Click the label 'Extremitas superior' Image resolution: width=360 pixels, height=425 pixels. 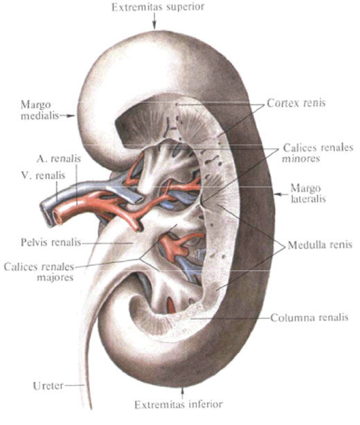point(158,7)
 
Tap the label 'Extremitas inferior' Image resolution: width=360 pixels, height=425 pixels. point(179,405)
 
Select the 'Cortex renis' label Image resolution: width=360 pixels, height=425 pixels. point(296,103)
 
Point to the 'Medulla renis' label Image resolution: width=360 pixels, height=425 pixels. point(320,245)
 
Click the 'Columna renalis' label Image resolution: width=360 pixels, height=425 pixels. point(309,318)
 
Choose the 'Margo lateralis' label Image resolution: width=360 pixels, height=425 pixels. point(307,194)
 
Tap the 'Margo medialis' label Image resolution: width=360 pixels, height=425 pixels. point(39,110)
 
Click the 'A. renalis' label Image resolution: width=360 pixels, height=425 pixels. point(59,159)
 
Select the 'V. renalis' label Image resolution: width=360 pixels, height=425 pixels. point(44,176)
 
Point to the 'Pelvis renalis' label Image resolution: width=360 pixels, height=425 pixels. point(51,242)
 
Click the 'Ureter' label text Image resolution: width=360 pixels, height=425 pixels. point(48,386)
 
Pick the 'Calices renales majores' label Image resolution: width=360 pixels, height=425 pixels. point(39,272)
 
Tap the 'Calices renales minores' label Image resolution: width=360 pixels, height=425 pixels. point(318,153)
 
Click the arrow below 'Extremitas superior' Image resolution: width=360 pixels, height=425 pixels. point(154,21)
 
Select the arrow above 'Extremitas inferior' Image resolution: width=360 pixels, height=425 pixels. point(182,393)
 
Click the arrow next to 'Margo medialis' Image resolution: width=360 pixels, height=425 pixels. point(67,116)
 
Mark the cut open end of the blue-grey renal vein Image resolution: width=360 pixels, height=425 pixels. point(46,213)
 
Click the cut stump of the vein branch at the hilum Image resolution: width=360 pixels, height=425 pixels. point(137,200)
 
